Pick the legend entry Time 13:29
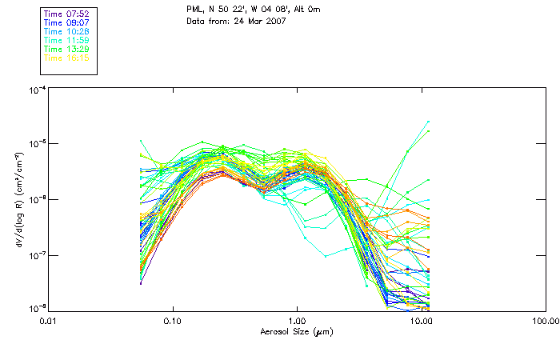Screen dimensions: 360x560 tap(67, 50)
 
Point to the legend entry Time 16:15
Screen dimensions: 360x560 tap(67, 58)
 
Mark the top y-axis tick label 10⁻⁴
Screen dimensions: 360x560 tap(36, 90)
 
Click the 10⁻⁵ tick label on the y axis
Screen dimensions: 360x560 tap(36, 143)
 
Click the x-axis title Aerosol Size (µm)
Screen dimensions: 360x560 tap(296, 331)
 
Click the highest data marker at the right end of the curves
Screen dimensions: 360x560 tap(429, 122)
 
